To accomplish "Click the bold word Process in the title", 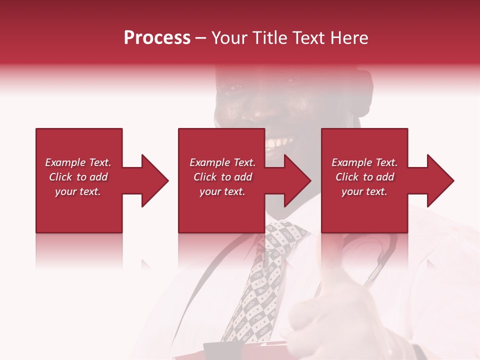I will pyautogui.click(x=157, y=38).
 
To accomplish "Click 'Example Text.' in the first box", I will pyautogui.click(x=78, y=162).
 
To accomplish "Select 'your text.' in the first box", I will pyautogui.click(x=78, y=191).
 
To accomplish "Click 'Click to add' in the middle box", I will pyautogui.click(x=222, y=177).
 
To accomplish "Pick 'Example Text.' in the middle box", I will pyautogui.click(x=222, y=162).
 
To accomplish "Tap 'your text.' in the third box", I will pyautogui.click(x=364, y=191).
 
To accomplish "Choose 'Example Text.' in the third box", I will pyautogui.click(x=364, y=162).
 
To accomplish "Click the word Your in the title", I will pyautogui.click(x=229, y=38).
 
